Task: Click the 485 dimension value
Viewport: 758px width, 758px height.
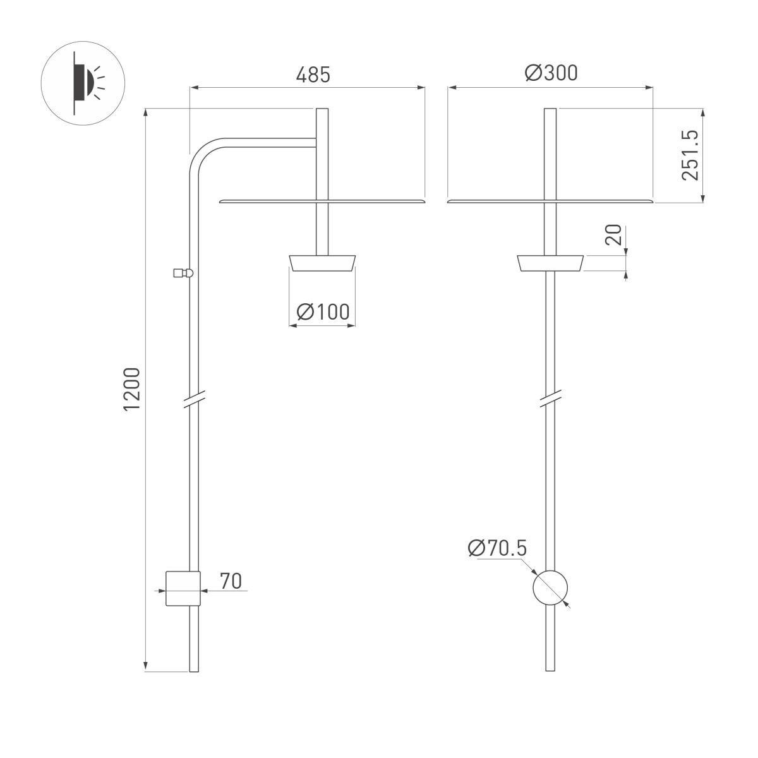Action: coord(313,75)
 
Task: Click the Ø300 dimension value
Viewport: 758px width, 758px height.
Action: coord(551,73)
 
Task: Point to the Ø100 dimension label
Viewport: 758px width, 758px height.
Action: coord(322,311)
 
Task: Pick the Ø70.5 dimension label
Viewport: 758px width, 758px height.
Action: coord(497,548)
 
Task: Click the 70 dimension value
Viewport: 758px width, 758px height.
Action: coord(231,581)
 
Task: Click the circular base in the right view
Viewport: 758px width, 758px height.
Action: coord(550,588)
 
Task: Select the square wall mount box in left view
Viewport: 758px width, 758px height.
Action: coord(183,588)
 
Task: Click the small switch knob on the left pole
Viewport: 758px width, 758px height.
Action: coord(181,273)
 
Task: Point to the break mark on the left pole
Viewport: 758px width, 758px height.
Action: coord(194,399)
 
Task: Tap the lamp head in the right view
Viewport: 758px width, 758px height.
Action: coord(550,263)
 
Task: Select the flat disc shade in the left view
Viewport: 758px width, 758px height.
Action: coord(322,201)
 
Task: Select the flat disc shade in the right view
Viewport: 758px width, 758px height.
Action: coord(550,201)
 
